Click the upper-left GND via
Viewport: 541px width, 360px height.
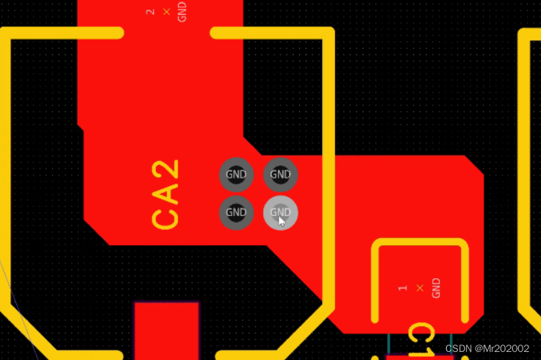point(236,175)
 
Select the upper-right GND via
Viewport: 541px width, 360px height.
point(280,175)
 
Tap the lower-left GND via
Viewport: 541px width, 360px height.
point(236,214)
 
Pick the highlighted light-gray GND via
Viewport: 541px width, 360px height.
point(280,214)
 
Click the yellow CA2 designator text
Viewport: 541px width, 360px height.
point(166,195)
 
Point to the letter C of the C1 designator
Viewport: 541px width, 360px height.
point(420,334)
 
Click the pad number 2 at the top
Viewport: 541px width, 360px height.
point(151,12)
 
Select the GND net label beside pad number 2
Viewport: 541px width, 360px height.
point(182,12)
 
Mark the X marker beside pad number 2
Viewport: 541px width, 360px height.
point(167,12)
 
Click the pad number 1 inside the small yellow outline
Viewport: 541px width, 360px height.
point(402,288)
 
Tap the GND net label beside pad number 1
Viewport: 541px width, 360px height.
point(436,288)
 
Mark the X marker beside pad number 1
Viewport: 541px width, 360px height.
point(420,288)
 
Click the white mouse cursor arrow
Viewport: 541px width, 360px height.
point(282,221)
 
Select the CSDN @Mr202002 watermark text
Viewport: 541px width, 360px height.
point(487,348)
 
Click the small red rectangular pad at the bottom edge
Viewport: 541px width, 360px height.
point(166,331)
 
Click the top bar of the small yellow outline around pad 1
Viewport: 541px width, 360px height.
point(420,243)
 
